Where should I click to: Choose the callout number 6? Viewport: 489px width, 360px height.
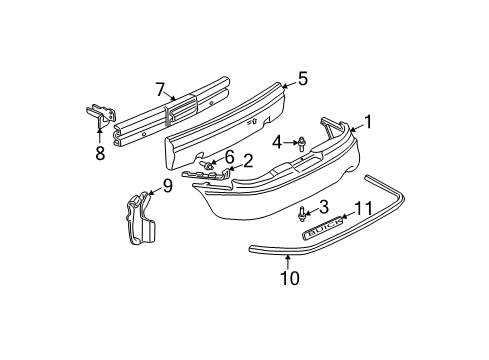(229, 157)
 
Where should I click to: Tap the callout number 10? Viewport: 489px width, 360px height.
(289, 279)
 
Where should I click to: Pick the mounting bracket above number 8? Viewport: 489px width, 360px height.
(99, 117)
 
